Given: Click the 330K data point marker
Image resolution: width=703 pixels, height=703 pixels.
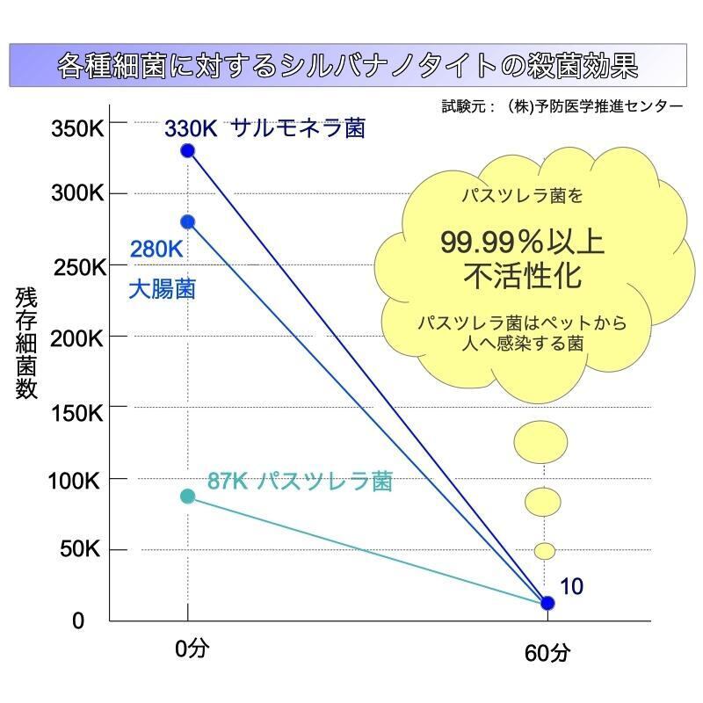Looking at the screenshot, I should click(187, 150).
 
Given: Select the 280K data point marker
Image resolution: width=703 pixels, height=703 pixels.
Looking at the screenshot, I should click(187, 221).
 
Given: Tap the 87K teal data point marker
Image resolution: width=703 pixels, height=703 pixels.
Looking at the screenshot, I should click(187, 496).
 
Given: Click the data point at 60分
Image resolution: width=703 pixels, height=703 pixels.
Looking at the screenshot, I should click(547, 603).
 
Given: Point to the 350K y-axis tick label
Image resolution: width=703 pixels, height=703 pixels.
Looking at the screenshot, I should click(77, 129).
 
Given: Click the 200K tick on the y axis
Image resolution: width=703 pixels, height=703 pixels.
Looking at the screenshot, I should click(78, 338).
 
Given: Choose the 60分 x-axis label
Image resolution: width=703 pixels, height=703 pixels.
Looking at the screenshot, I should click(547, 654).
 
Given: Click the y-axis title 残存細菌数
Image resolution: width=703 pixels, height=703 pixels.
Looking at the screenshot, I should click(26, 344).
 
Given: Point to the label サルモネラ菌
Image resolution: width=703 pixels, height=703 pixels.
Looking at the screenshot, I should click(298, 129).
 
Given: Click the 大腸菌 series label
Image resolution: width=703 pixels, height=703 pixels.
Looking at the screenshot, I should click(162, 288).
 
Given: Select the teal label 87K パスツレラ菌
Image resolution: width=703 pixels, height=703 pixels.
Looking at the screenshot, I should click(299, 482).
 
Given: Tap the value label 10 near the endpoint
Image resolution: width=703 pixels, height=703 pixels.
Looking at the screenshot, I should click(571, 586).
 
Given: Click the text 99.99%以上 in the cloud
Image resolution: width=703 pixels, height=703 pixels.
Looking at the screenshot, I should click(522, 243).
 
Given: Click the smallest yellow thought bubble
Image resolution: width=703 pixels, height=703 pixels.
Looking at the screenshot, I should click(545, 551).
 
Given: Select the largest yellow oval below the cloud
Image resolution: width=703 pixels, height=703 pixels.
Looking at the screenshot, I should click(540, 441).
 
